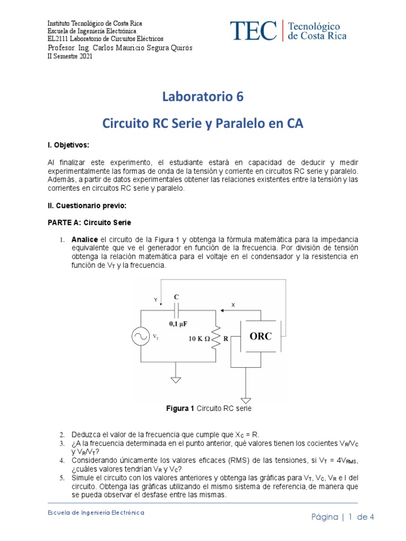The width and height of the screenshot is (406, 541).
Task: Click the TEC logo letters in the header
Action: click(253, 31)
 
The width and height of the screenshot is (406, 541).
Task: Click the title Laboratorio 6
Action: click(202, 97)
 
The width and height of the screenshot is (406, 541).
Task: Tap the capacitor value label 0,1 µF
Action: click(179, 322)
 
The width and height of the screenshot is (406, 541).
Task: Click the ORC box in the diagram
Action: click(261, 337)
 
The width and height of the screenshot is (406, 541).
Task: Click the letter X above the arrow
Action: click(233, 305)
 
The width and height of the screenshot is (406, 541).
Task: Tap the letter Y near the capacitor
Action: click(155, 300)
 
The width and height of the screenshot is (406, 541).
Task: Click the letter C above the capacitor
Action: click(177, 297)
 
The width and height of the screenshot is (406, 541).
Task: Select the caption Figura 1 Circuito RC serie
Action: click(202, 409)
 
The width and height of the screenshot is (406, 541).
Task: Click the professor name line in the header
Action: click(120, 48)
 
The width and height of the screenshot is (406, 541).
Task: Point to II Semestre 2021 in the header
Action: click(70, 57)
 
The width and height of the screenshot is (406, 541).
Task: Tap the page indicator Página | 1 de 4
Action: click(342, 517)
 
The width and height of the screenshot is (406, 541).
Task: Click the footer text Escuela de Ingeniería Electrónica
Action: click(96, 512)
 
